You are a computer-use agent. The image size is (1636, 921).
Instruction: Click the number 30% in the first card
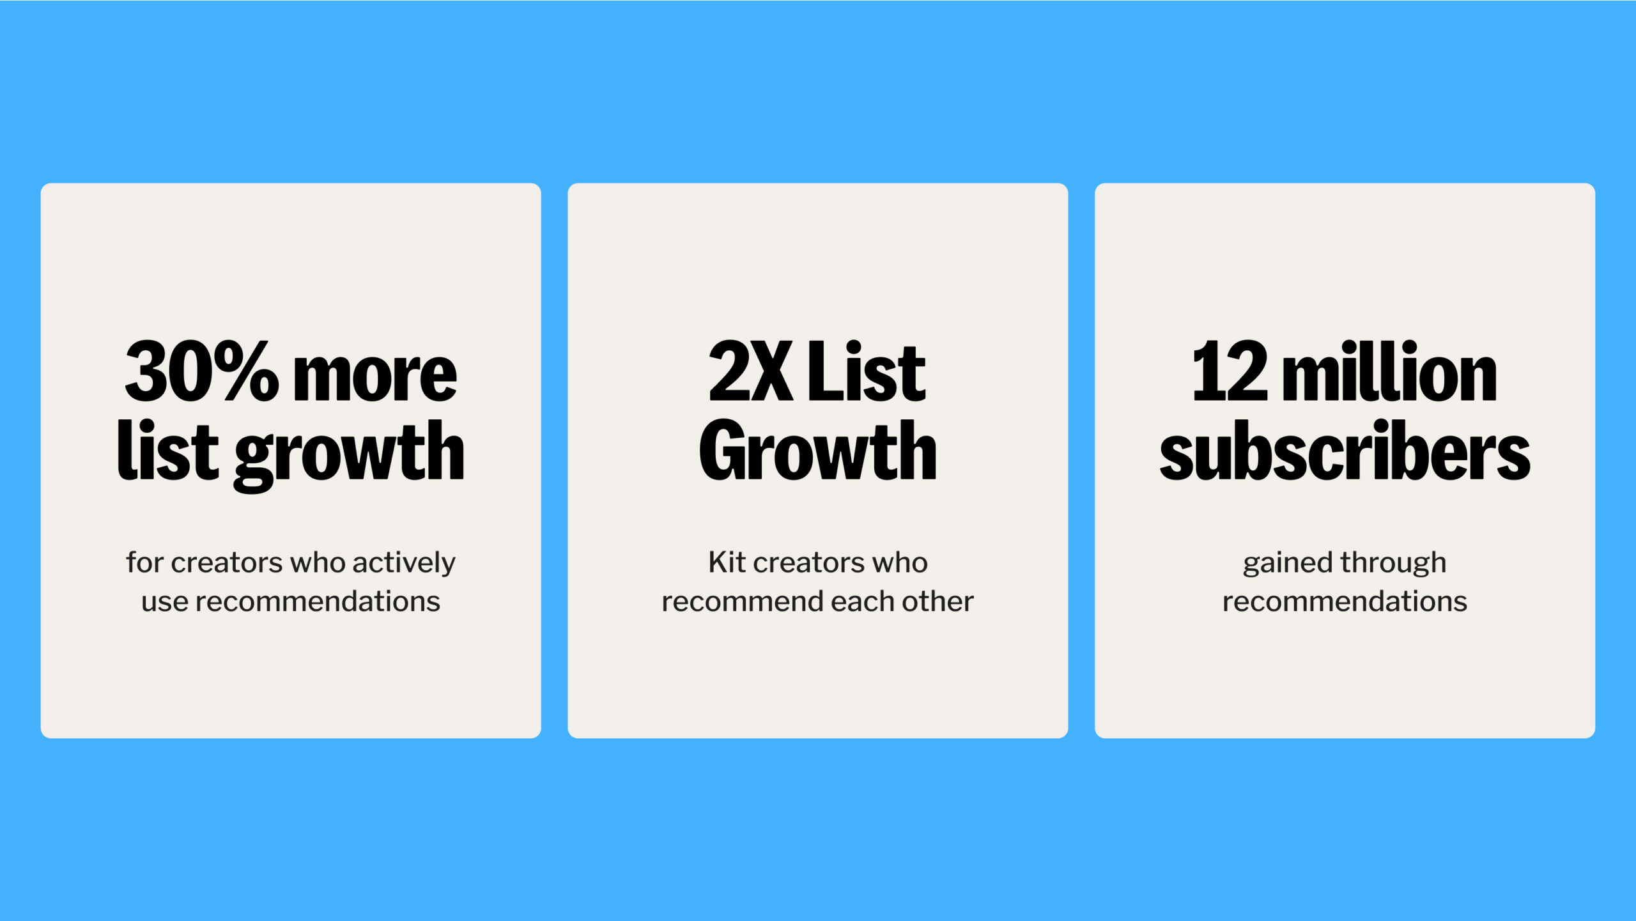point(201,372)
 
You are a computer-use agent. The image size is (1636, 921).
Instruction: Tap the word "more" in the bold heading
point(374,377)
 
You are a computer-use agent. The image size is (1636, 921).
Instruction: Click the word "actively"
point(403,563)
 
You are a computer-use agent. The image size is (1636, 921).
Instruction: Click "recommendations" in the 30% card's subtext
point(318,602)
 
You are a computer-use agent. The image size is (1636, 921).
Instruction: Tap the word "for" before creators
point(144,562)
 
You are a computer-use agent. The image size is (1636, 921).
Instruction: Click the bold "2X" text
point(750,372)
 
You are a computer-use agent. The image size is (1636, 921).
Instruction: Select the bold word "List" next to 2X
point(866,372)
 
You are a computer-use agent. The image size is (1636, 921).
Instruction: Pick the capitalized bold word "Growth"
point(817,451)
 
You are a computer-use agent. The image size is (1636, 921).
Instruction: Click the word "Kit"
point(727,562)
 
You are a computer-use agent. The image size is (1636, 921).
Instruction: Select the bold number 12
point(1229,372)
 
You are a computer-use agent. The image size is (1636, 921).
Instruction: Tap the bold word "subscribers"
point(1345,451)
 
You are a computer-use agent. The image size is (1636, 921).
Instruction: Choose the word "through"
point(1394,563)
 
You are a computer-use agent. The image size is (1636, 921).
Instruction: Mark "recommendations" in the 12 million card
point(1345,602)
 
